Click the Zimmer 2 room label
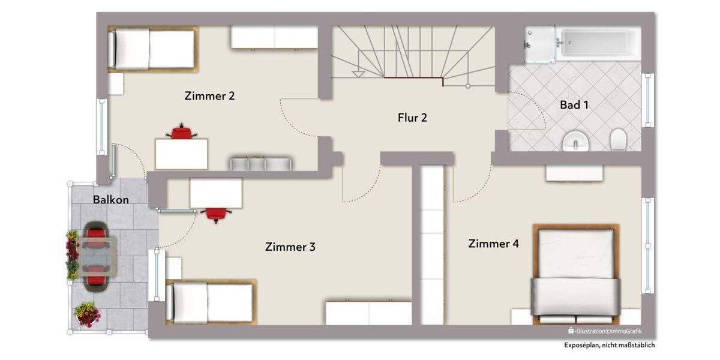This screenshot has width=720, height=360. click(209, 96)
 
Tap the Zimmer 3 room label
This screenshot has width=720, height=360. click(290, 247)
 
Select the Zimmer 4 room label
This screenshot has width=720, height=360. click(494, 244)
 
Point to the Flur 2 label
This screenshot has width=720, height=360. click(412, 118)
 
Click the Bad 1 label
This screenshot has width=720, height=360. click(574, 105)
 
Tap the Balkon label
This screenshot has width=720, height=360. click(110, 200)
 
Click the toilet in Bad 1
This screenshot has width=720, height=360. click(618, 140)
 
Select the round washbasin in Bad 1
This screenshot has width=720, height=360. click(576, 142)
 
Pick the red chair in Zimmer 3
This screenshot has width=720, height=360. click(216, 214)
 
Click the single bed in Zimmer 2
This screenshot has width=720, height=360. click(153, 49)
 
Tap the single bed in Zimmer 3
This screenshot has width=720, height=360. click(211, 302)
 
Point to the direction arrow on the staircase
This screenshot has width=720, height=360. click(358, 74)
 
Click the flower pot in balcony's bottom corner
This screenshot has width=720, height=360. click(87, 314)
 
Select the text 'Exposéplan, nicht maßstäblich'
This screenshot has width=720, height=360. click(609, 345)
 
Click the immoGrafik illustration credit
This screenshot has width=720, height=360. click(608, 331)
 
